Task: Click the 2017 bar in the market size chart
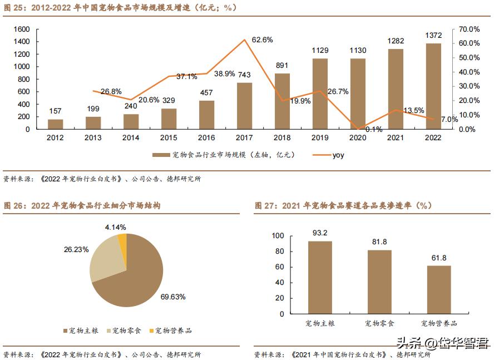tap(244, 106)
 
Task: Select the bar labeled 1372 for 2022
tap(433, 86)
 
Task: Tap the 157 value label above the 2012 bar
tap(55, 110)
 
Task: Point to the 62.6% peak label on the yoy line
tap(262, 40)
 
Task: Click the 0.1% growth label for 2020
tap(358, 130)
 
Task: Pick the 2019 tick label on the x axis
tap(320, 138)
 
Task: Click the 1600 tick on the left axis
tap(21, 29)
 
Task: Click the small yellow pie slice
tap(122, 243)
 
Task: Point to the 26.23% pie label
tap(76, 250)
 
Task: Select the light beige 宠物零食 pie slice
tap(105, 262)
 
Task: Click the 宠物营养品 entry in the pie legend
tap(173, 331)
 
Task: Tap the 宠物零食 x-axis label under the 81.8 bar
tap(379, 323)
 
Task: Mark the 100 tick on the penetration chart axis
tap(278, 236)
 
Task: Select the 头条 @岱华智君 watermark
tap(442, 344)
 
